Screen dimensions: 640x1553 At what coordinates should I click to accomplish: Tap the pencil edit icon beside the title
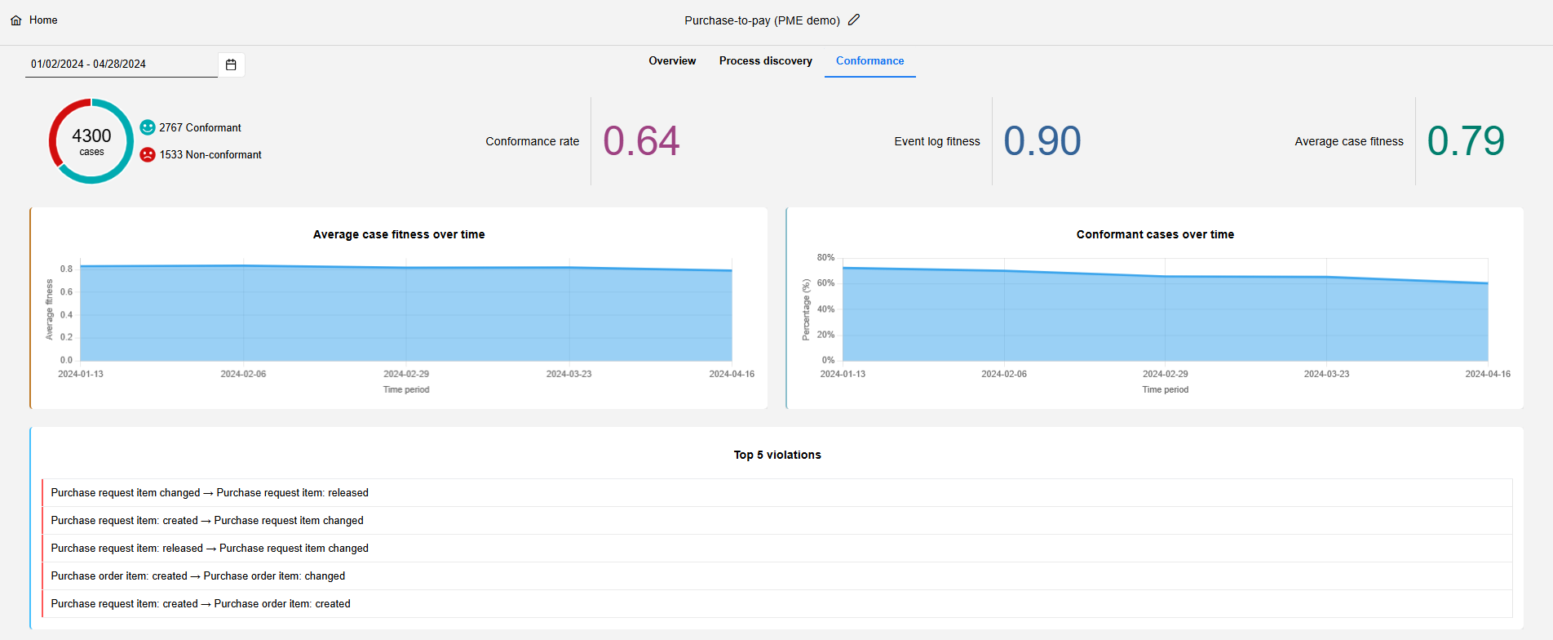pos(854,20)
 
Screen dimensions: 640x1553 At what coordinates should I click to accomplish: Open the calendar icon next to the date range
pos(231,64)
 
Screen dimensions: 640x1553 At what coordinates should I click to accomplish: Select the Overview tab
pos(672,61)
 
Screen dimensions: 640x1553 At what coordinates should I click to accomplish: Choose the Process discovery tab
pos(765,61)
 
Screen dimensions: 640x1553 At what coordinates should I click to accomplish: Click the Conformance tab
pos(869,61)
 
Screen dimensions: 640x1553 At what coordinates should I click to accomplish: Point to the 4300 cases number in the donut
pos(91,136)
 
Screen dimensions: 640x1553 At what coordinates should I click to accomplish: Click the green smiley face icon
pos(148,127)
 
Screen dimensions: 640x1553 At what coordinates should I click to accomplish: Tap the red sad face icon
pos(148,154)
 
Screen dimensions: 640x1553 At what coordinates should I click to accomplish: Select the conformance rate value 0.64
pos(641,140)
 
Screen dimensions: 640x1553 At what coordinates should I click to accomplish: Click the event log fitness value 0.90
pos(1042,140)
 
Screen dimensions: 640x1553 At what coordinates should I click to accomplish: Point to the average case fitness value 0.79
pos(1465,140)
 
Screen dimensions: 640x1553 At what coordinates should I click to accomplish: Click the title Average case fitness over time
pos(399,234)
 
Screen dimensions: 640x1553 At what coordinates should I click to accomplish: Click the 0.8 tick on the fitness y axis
pos(66,269)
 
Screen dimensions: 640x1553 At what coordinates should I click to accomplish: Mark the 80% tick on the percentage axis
pos(825,257)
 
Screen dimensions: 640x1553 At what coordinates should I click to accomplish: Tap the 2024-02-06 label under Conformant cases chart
pos(1003,374)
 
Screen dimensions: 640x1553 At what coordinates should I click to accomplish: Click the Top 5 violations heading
pos(776,455)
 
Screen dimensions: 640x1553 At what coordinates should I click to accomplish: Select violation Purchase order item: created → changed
pos(198,576)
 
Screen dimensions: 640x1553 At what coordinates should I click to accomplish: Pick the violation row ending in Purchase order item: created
pos(201,604)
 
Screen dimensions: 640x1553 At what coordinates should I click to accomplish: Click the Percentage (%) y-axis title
pos(806,309)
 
